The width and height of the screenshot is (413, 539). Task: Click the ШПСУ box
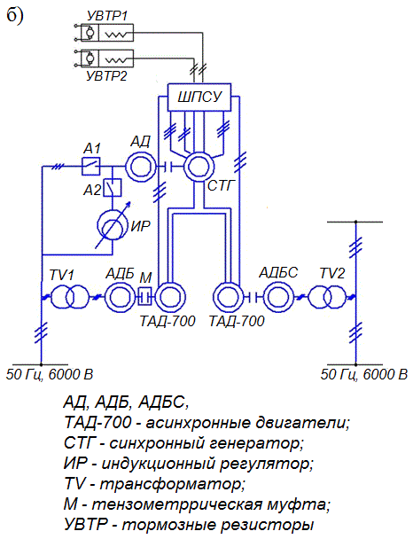pyautogui.click(x=199, y=97)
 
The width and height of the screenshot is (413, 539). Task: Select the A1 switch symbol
pyautogui.click(x=90, y=167)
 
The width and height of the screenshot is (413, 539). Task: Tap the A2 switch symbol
pyautogui.click(x=113, y=188)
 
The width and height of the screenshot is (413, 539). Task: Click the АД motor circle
pyautogui.click(x=141, y=167)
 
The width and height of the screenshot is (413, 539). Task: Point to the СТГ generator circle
pyautogui.click(x=199, y=167)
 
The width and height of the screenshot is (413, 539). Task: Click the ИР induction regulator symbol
pyautogui.click(x=113, y=225)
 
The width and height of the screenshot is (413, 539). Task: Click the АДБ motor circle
pyautogui.click(x=120, y=297)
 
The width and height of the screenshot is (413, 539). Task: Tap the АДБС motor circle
pyautogui.click(x=278, y=297)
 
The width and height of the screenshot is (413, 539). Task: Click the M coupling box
pyautogui.click(x=145, y=296)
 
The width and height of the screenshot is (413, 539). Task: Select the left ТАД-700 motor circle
pyautogui.click(x=170, y=297)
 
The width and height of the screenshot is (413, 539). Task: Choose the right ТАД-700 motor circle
pyautogui.click(x=229, y=297)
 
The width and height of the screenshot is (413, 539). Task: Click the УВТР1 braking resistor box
pyautogui.click(x=107, y=33)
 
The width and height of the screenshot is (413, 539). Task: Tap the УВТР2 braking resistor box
pyautogui.click(x=107, y=59)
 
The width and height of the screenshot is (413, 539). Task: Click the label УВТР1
pyautogui.click(x=107, y=16)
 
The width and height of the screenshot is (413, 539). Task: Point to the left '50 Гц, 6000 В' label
pyautogui.click(x=50, y=374)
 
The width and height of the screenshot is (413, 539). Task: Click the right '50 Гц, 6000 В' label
pyautogui.click(x=364, y=374)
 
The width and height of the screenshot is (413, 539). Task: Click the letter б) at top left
pyautogui.click(x=14, y=15)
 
